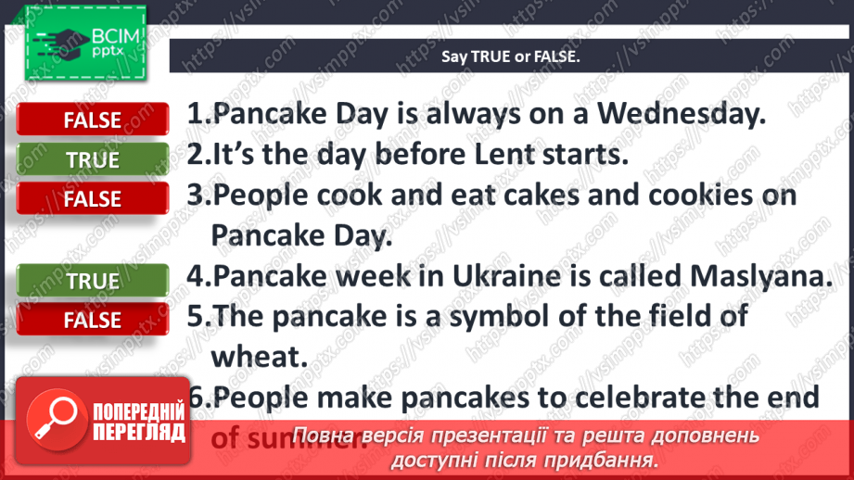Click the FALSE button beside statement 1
coord(92,120)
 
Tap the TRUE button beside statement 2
coord(92,159)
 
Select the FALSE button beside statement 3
coord(92,198)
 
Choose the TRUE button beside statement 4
coord(92,281)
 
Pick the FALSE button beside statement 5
coord(92,320)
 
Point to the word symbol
coord(520,317)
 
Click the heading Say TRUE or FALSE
coord(510,57)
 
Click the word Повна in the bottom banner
coord(322,436)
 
